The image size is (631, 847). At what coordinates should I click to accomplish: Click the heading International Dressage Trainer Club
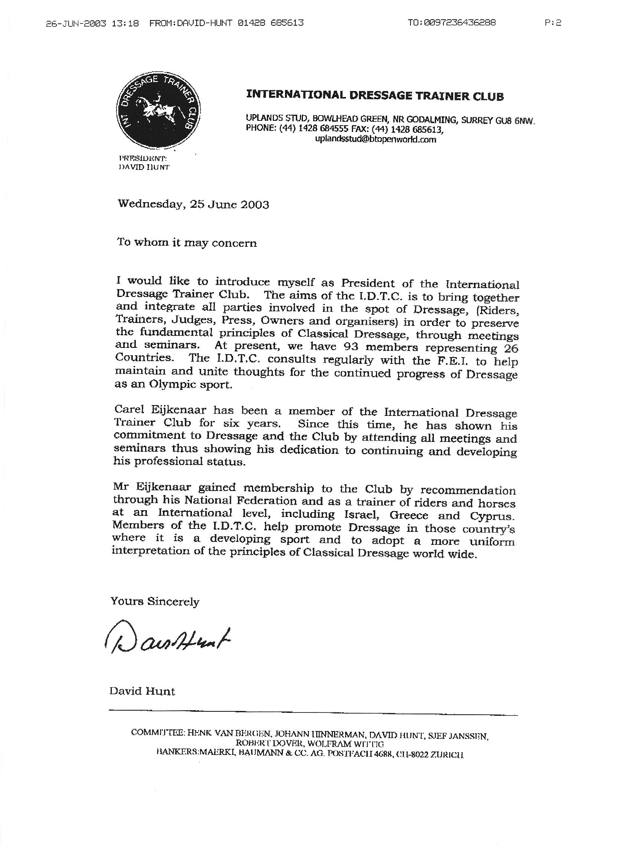(x=375, y=95)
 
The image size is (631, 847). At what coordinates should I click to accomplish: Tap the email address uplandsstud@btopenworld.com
(x=376, y=140)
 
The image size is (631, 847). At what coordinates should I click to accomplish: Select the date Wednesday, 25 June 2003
(x=193, y=204)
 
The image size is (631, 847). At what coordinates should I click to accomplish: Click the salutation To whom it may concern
(x=187, y=243)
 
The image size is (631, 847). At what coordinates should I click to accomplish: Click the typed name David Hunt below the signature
(x=142, y=691)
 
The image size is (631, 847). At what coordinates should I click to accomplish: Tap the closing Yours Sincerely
(x=155, y=601)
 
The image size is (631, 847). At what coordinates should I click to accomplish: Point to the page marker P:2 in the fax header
(x=553, y=23)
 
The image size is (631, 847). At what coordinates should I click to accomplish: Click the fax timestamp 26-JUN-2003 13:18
(x=92, y=23)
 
